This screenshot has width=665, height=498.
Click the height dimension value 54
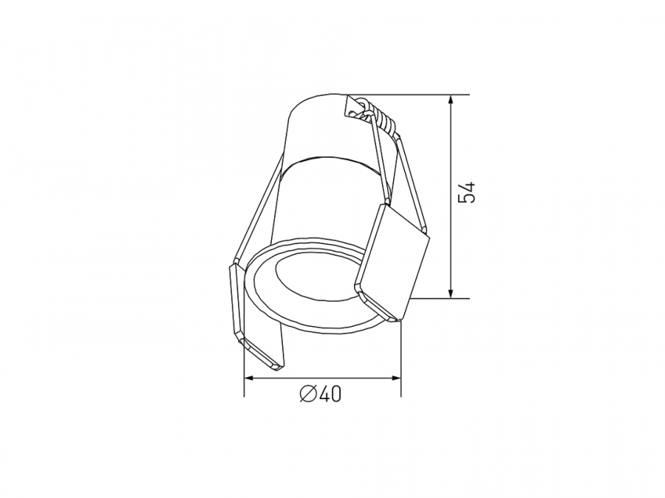(468, 193)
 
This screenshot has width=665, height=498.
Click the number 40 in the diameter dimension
(330, 395)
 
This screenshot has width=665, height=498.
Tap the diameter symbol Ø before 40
(308, 395)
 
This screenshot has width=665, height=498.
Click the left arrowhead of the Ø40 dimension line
(250, 377)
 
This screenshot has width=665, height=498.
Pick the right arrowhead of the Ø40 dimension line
(395, 377)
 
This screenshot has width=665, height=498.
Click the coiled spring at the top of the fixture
(378, 114)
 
